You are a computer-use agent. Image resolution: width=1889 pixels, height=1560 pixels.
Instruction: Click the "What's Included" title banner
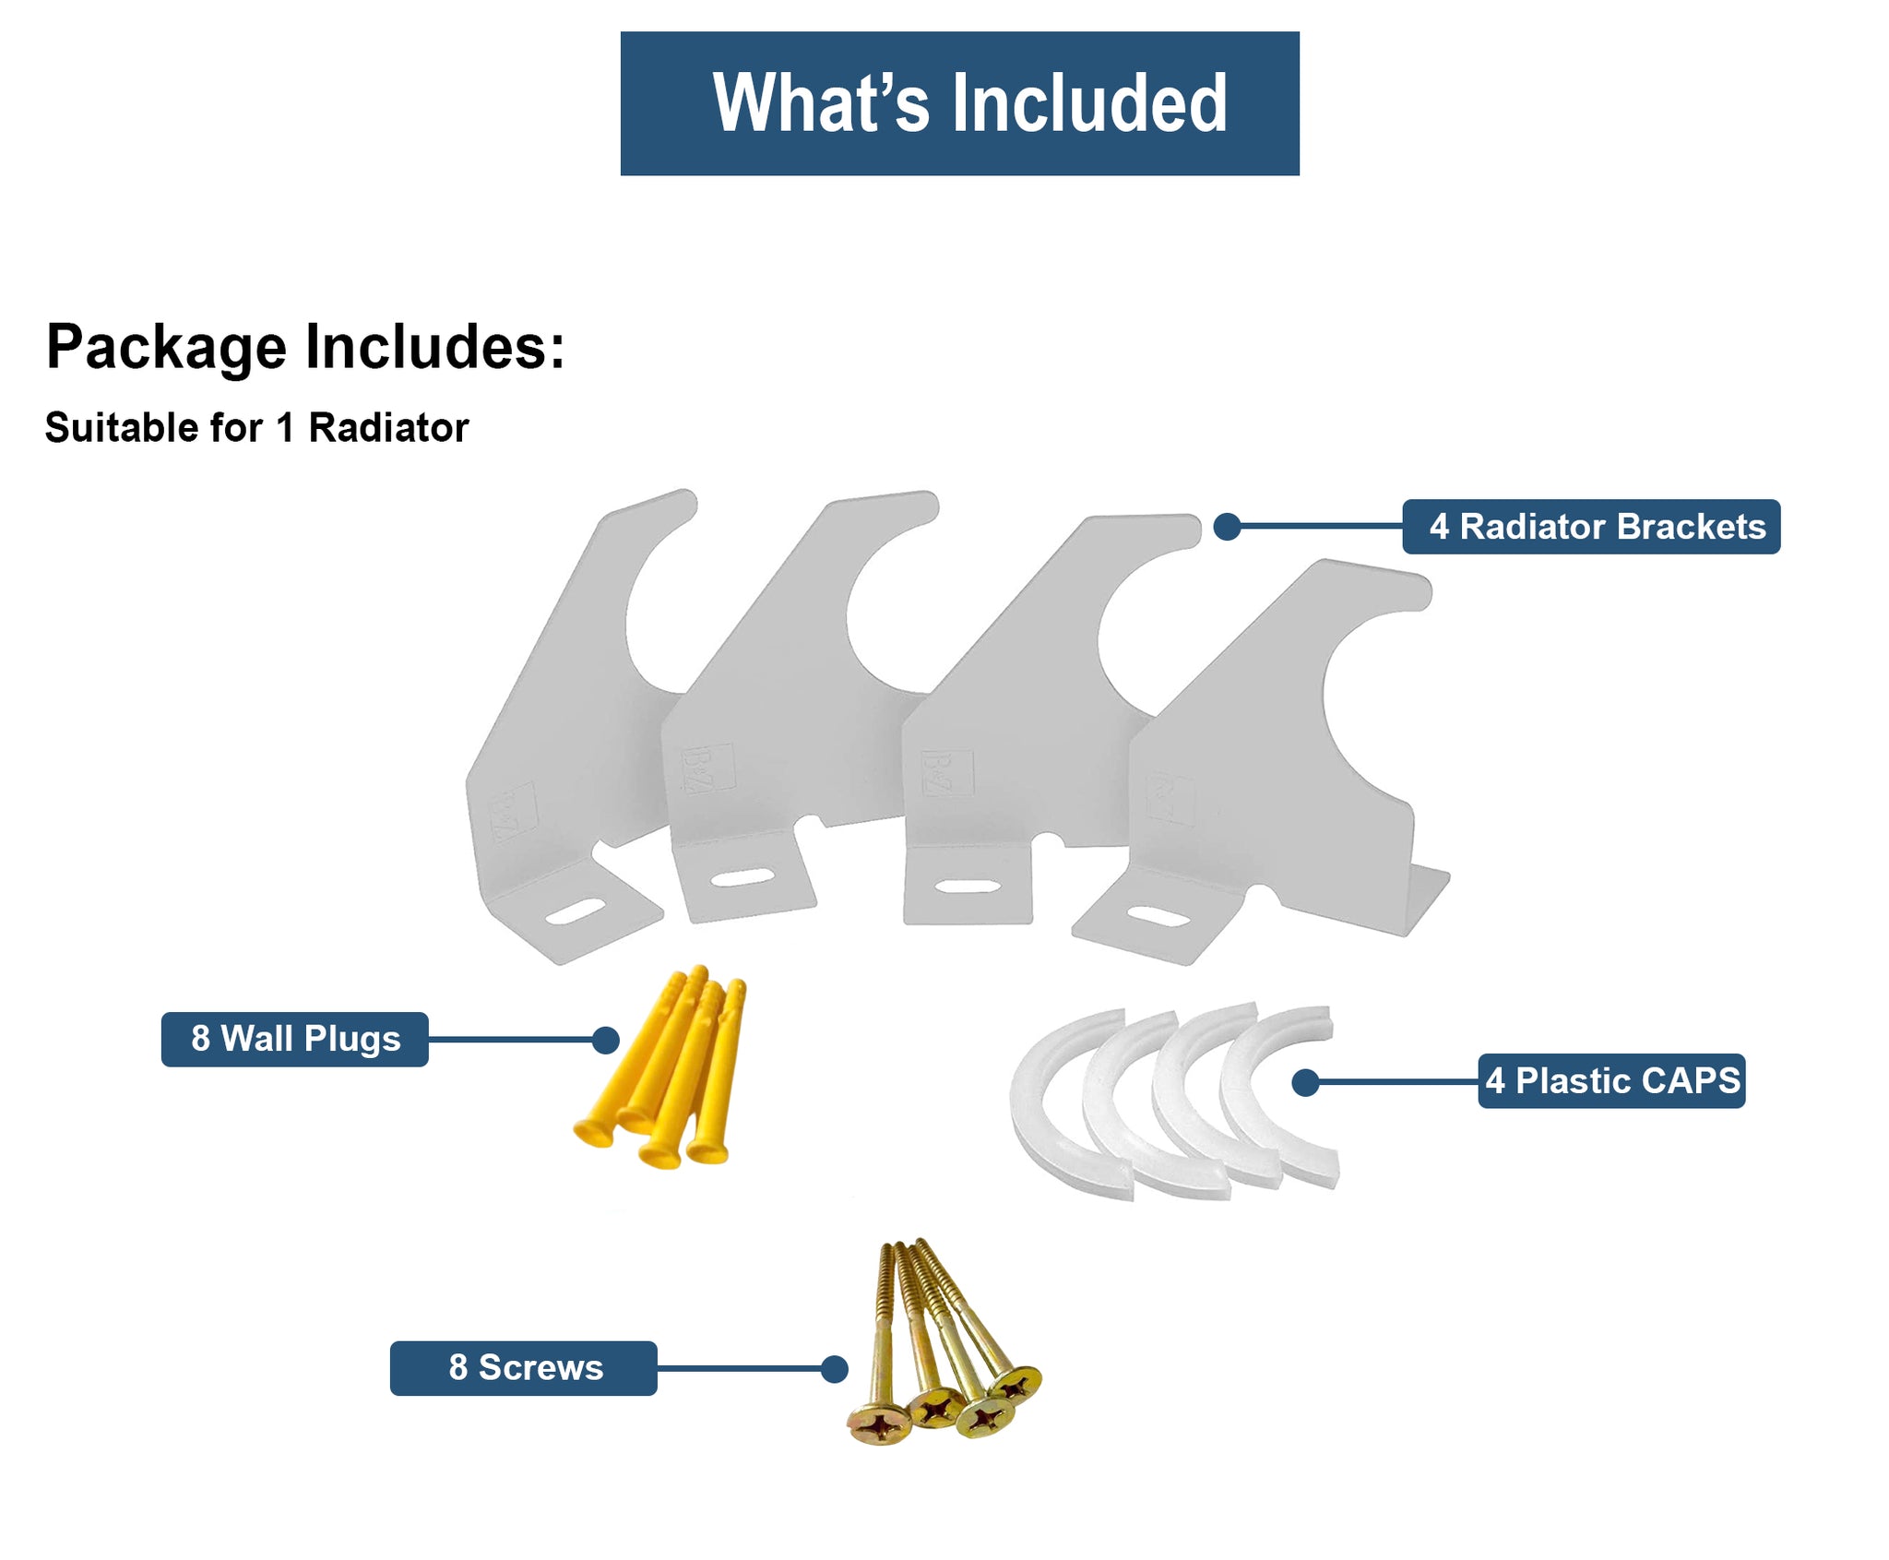959,103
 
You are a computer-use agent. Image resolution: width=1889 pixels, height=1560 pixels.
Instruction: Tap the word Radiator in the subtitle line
388,428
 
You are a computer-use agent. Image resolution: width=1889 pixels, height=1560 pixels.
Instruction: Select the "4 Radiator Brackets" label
1590,527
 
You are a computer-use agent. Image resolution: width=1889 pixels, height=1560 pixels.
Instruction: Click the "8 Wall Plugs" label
294,1039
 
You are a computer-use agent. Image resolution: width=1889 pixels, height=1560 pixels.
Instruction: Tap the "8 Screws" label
523,1367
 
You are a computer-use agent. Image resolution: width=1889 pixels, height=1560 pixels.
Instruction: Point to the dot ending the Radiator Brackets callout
1226,527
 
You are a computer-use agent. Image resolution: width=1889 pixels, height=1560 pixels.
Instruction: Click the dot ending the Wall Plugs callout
605,1041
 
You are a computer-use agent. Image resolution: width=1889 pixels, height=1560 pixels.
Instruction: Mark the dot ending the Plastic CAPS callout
1304,1082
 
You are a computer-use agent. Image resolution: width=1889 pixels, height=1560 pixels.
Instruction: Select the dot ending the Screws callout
834,1369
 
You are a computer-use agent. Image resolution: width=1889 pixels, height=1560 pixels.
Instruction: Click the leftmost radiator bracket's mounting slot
575,911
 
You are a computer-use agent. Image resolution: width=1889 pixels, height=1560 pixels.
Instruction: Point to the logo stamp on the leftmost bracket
513,812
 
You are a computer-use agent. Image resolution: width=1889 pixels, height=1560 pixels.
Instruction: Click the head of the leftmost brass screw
879,1426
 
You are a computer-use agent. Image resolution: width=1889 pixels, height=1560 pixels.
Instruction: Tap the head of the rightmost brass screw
1016,1384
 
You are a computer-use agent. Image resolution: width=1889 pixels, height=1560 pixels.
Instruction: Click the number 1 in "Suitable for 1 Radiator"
285,428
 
